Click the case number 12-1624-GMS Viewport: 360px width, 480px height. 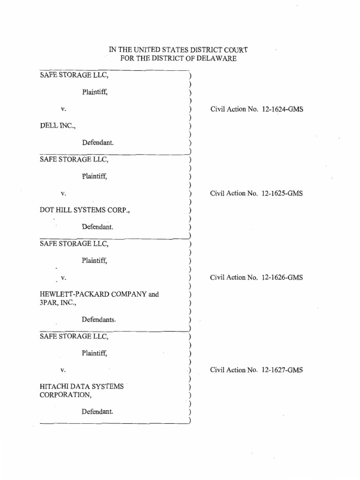(283, 109)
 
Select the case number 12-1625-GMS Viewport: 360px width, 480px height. (283, 193)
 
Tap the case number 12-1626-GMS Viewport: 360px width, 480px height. (283, 277)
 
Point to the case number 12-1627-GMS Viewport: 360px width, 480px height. (283, 370)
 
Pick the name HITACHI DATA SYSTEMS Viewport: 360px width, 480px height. (82, 387)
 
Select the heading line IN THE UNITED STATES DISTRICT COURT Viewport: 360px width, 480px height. (179, 50)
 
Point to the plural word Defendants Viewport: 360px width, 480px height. (98, 320)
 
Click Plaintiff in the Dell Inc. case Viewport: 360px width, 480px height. (95, 92)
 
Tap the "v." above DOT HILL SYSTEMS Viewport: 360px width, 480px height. (63, 193)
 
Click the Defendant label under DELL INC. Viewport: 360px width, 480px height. (98, 142)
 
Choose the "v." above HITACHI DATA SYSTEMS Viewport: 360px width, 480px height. (63, 370)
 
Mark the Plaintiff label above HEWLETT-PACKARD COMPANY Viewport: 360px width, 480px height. (95, 260)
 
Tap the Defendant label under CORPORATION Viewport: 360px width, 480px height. (98, 412)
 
